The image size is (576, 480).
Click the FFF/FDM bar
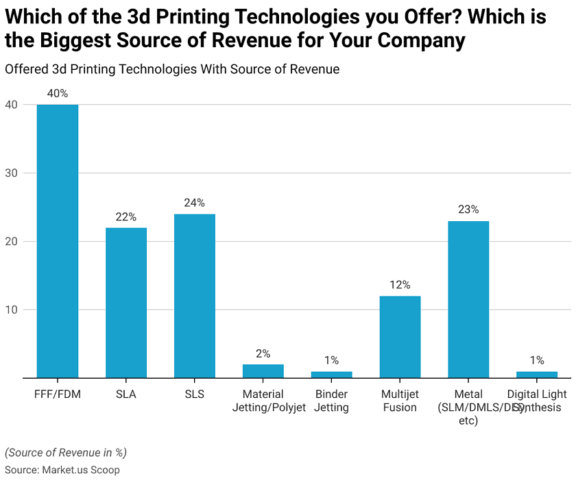click(58, 241)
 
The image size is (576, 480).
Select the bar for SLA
click(126, 303)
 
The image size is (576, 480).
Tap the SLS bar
click(195, 296)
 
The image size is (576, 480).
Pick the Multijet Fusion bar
click(400, 337)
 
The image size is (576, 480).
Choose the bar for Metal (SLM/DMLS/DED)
click(468, 299)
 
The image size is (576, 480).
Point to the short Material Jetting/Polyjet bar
click(263, 370)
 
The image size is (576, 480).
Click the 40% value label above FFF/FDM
click(58, 94)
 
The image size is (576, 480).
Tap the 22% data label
click(126, 216)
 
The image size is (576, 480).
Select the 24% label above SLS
click(195, 203)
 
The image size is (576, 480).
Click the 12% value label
click(400, 285)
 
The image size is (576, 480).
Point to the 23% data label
click(468, 210)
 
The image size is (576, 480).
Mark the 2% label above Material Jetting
click(263, 353)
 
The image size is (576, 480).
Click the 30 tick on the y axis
click(11, 173)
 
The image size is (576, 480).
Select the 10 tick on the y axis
click(11, 310)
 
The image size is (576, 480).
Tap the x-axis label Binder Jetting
click(332, 401)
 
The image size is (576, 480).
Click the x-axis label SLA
click(126, 394)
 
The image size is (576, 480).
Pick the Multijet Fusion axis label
click(400, 401)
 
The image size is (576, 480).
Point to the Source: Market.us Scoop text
click(62, 470)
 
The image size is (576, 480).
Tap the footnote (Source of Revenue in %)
click(66, 453)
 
